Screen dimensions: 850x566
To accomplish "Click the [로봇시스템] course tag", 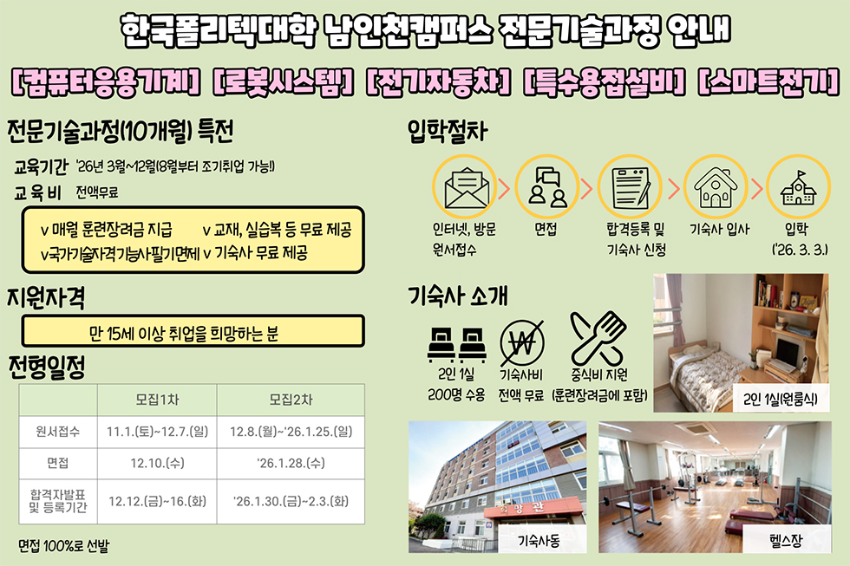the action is pyautogui.click(x=283, y=82).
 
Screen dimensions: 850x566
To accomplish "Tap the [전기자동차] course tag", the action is pyautogui.click(x=438, y=82).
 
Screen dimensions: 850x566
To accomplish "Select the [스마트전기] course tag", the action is pyautogui.click(x=768, y=82).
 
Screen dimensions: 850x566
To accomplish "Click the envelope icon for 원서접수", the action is pyautogui.click(x=465, y=187).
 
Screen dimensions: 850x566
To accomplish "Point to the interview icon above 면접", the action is pyautogui.click(x=547, y=187).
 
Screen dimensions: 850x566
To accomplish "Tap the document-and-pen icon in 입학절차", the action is pyautogui.click(x=630, y=187).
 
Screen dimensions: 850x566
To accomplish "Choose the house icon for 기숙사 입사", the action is pyautogui.click(x=716, y=187).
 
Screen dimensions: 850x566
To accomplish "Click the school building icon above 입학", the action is pyautogui.click(x=799, y=187).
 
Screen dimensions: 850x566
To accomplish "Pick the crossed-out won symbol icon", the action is pyautogui.click(x=521, y=343).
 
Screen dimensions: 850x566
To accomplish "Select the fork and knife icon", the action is pyautogui.click(x=598, y=339).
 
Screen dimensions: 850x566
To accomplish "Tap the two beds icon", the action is pyautogui.click(x=456, y=344).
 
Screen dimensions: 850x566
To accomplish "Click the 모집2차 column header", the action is pyautogui.click(x=291, y=400).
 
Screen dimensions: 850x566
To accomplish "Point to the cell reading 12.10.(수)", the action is pyautogui.click(x=157, y=463).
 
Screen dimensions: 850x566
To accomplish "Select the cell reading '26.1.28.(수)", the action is pyautogui.click(x=291, y=463).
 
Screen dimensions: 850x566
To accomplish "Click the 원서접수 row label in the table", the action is pyautogui.click(x=58, y=432).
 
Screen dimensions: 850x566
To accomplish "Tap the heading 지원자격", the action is pyautogui.click(x=46, y=297).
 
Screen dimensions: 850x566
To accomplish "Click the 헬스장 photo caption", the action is pyautogui.click(x=786, y=540).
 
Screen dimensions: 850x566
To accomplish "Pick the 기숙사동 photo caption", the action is pyautogui.click(x=539, y=540).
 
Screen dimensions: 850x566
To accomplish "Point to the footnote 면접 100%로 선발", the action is pyautogui.click(x=63, y=545).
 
